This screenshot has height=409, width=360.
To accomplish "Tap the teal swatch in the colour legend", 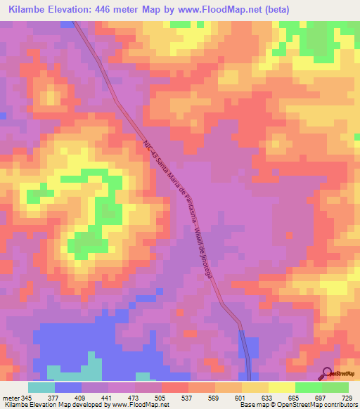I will (41, 387).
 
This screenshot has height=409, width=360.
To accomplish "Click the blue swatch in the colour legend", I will (68, 387).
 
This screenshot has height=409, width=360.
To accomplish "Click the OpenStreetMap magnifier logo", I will (328, 373).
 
